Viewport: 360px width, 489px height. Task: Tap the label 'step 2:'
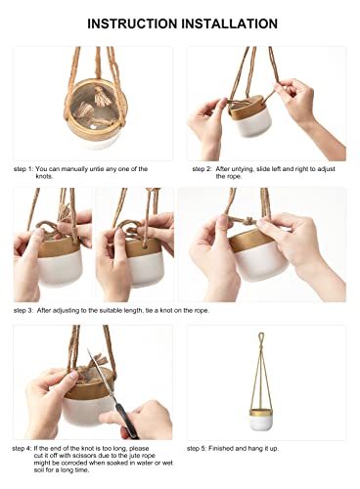coord(203,169)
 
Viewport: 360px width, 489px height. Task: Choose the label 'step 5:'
coord(203,448)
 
